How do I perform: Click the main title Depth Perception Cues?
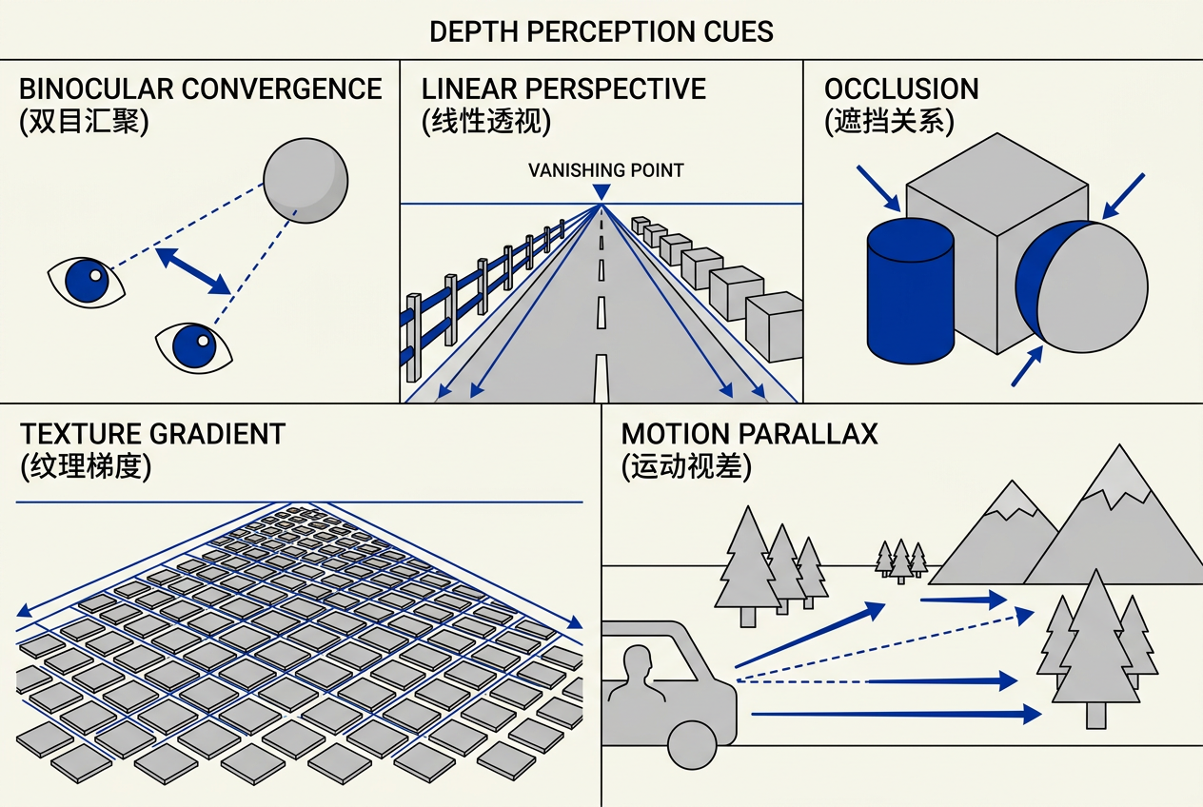(x=601, y=31)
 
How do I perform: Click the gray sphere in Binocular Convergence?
(x=306, y=181)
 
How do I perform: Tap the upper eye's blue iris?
(x=87, y=281)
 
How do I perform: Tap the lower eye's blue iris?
(x=194, y=345)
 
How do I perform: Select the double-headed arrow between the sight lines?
(x=193, y=271)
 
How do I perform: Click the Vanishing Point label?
(x=606, y=170)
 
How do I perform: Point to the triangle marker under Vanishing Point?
(x=601, y=192)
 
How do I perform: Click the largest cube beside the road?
(x=775, y=326)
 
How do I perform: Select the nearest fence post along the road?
(x=413, y=337)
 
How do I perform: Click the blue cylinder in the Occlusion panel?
(x=910, y=290)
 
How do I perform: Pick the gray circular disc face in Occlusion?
(x=1092, y=287)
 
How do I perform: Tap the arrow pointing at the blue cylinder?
(x=878, y=188)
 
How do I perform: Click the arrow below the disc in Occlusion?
(x=1027, y=366)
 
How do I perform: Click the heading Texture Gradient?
(x=152, y=434)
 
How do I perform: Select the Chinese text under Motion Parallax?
(x=686, y=465)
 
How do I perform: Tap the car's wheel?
(x=692, y=745)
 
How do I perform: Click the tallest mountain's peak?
(x=1120, y=445)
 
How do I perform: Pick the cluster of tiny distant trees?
(x=901, y=561)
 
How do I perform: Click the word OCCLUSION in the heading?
(x=901, y=89)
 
